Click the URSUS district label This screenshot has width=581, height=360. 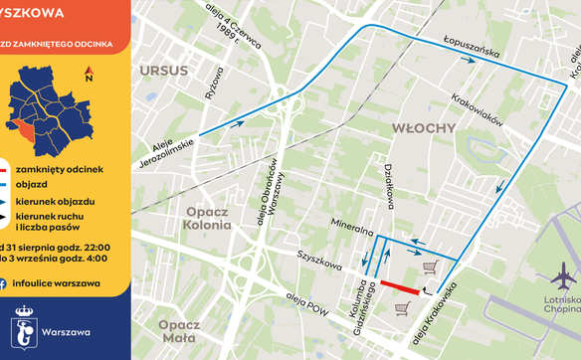pyautogui.click(x=164, y=72)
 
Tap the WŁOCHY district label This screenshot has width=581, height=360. pyautogui.click(x=423, y=128)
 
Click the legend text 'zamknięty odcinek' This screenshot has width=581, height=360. pyautogui.click(x=65, y=170)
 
